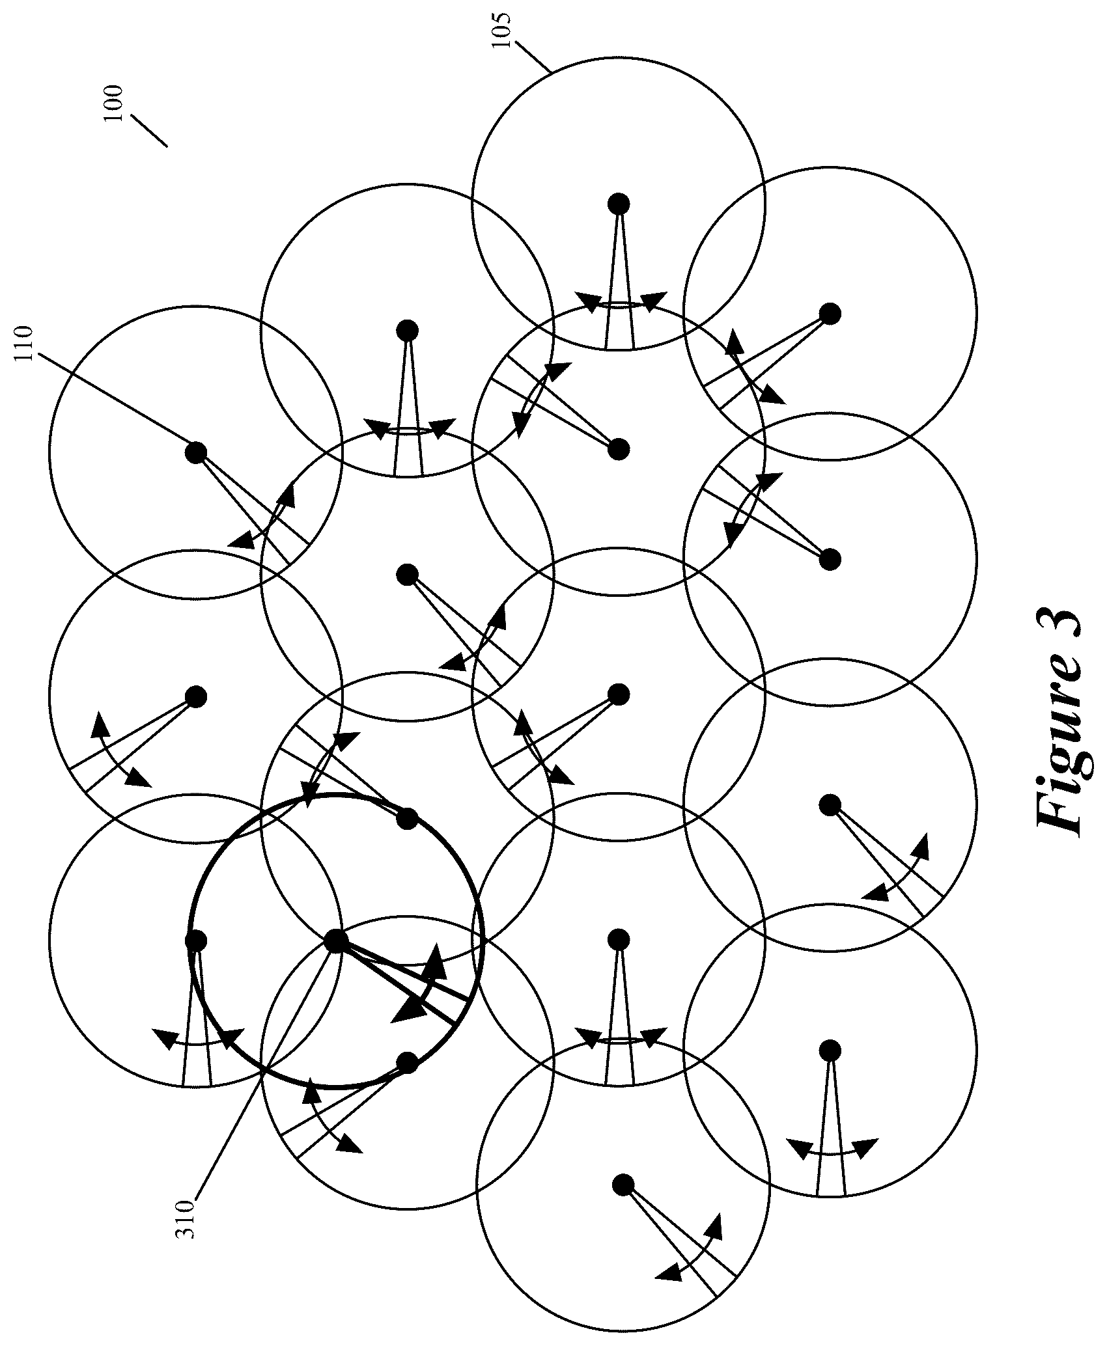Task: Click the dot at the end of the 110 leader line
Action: click(x=196, y=452)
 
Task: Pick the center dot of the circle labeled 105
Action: click(x=618, y=204)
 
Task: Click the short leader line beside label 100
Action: click(x=149, y=131)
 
